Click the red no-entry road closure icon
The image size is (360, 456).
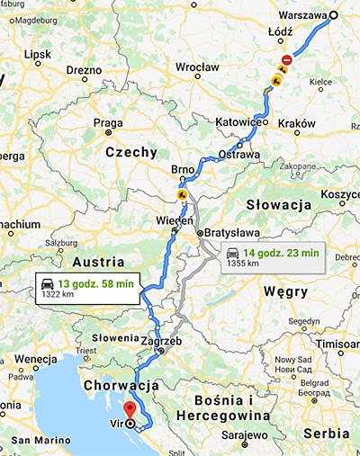pos(286,60)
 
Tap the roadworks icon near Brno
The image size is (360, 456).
pos(182,193)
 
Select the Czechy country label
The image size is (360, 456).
pos(131,153)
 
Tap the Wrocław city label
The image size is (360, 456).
pos(198,67)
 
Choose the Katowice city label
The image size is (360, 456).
pos(238,121)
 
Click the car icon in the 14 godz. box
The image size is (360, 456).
pos(233,253)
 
